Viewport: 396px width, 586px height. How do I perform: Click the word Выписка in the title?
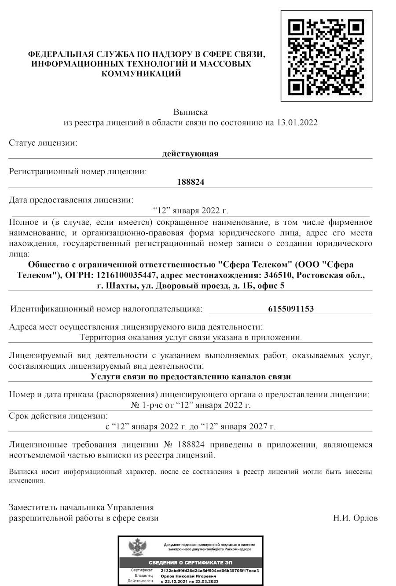point(190,112)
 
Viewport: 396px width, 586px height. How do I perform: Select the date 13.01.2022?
point(297,122)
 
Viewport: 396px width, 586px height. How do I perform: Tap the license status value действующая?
point(190,154)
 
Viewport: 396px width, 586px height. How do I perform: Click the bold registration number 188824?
point(190,182)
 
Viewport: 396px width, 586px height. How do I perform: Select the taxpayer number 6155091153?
point(291,309)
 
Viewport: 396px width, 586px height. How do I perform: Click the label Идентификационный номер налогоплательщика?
point(106,309)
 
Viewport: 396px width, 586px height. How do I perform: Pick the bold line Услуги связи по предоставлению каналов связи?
point(191,377)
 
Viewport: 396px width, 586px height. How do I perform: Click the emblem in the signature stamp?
point(137,548)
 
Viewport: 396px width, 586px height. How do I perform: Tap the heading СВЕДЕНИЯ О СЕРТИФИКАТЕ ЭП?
point(191,563)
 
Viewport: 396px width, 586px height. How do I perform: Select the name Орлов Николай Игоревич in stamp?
point(188,575)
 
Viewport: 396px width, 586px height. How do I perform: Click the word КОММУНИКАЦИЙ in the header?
point(141,74)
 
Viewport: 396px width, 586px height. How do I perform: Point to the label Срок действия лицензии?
point(58,416)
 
